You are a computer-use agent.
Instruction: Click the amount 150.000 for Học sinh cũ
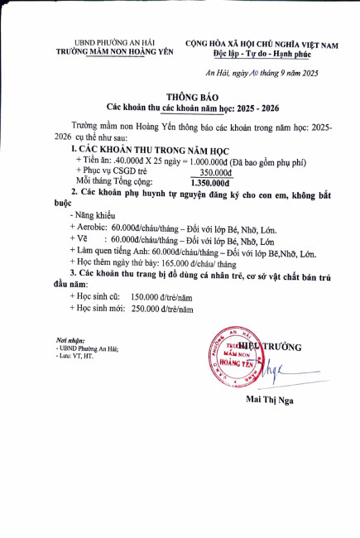coord(146,295)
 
